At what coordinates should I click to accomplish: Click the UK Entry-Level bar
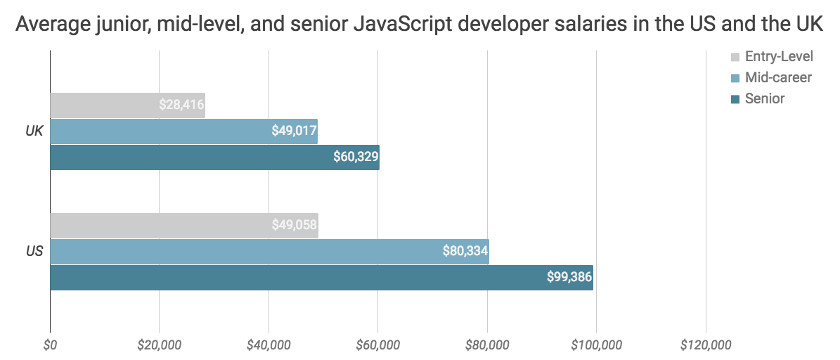127,105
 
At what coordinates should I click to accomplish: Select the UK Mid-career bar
183,131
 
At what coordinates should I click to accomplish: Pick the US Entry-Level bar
183,226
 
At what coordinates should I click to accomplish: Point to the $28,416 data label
181,105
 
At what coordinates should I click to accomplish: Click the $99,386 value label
569,277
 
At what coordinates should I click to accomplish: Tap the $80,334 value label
465,252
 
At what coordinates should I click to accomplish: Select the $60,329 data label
356,157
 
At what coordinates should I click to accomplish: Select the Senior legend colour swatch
735,98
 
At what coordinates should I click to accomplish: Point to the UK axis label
34,131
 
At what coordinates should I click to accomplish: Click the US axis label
34,252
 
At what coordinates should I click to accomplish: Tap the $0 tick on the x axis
50,345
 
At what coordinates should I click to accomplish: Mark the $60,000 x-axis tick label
377,345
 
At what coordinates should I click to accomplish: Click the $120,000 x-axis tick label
706,345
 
